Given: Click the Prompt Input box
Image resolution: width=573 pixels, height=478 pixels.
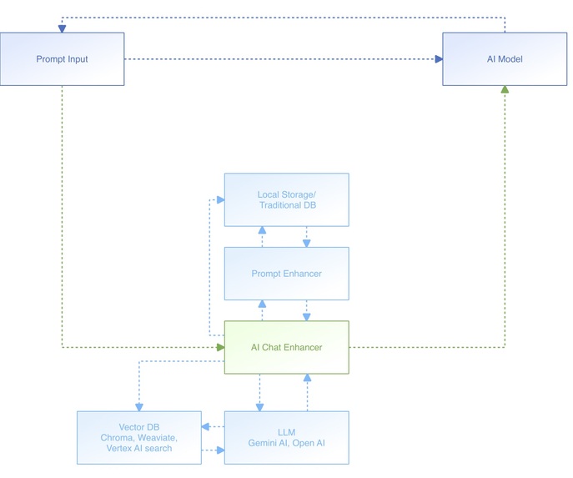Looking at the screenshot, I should click(62, 59).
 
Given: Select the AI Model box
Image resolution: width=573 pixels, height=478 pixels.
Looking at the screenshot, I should click(505, 59).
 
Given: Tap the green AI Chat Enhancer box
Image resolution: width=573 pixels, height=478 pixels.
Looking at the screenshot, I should click(286, 347).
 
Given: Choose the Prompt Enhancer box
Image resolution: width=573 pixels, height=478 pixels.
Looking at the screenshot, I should click(286, 274).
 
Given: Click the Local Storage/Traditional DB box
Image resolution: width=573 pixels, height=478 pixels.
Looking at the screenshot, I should click(286, 199).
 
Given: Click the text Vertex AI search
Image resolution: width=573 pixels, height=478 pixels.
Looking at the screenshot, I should click(138, 449).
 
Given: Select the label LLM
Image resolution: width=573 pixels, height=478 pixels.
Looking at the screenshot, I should click(286, 431).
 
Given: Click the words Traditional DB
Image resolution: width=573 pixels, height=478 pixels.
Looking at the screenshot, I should click(286, 205).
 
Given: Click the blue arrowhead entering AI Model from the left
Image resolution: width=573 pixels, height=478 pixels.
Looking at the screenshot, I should click(438, 59).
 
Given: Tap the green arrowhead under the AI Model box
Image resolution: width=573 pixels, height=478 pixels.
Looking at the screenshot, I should click(505, 89).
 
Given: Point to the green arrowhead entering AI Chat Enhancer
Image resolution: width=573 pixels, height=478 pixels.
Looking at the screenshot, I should click(220, 347).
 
